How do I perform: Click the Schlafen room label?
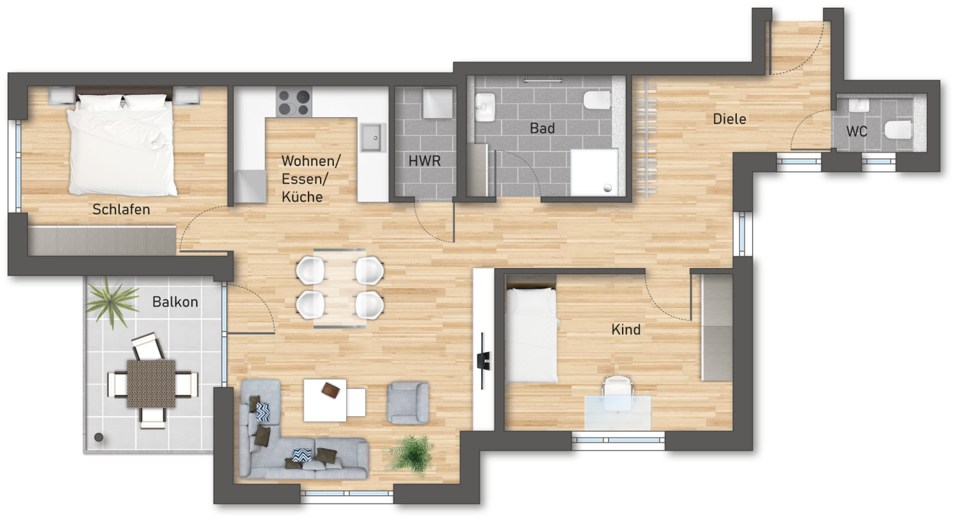pyautogui.click(x=121, y=209)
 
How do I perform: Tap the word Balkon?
pyautogui.click(x=175, y=302)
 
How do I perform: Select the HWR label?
pyautogui.click(x=424, y=161)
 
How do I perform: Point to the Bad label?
pyautogui.click(x=542, y=129)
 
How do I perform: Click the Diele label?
pyautogui.click(x=730, y=119)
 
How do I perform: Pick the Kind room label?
pyautogui.click(x=626, y=330)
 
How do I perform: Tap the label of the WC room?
pyautogui.click(x=857, y=132)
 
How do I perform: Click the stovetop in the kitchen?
pyautogui.click(x=294, y=103)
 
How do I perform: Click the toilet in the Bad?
pyautogui.click(x=598, y=100)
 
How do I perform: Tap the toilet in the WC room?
pyautogui.click(x=899, y=129)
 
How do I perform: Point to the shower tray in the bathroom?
pyautogui.click(x=594, y=172)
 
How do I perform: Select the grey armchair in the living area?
pyautogui.click(x=408, y=402)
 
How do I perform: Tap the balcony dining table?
pyautogui.click(x=151, y=384)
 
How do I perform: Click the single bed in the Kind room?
pyautogui.click(x=531, y=335)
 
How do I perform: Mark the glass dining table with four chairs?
pyautogui.click(x=340, y=288)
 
